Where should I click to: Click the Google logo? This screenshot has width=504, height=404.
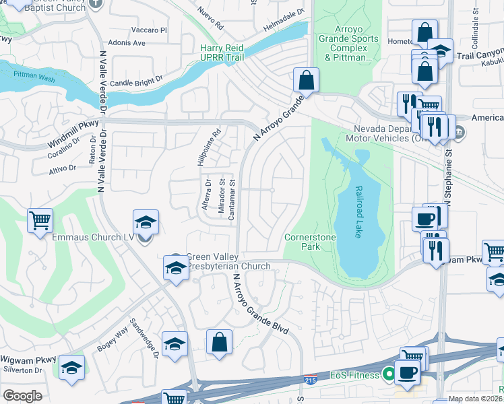pos(22,396)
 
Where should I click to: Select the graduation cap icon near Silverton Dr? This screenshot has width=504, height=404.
pos(71,368)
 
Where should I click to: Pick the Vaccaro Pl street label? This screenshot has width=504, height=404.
pos(149,30)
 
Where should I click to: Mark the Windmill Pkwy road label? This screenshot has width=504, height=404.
pos(73,135)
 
